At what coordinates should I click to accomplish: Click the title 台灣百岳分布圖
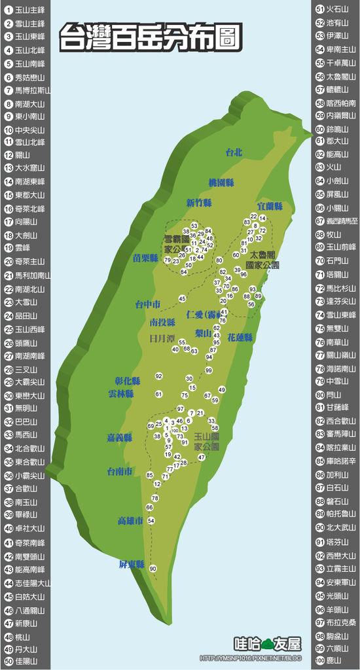[150, 38]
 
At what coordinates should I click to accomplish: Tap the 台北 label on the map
[233, 152]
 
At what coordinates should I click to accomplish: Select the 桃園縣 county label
[221, 182]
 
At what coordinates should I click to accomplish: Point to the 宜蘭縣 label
[269, 206]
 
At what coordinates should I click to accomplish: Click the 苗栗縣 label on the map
[145, 258]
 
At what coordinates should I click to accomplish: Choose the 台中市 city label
[148, 304]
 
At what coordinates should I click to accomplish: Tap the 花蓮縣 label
[240, 338]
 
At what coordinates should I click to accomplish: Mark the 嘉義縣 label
[119, 437]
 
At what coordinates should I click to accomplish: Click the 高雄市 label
[130, 521]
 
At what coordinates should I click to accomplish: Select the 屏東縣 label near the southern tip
[131, 564]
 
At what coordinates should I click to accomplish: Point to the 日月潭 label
[162, 339]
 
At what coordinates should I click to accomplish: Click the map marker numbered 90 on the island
[153, 569]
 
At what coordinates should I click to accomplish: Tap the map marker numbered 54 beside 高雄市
[151, 521]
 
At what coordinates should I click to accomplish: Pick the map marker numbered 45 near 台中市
[182, 299]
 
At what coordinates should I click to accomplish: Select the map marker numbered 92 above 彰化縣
[158, 376]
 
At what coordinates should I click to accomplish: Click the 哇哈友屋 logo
[268, 644]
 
